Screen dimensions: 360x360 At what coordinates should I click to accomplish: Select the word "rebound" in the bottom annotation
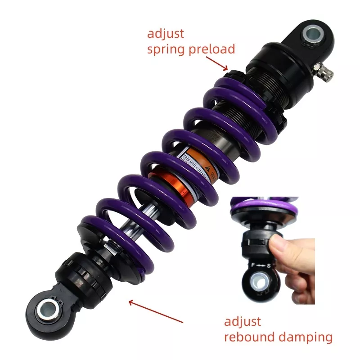click(x=249, y=337)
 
